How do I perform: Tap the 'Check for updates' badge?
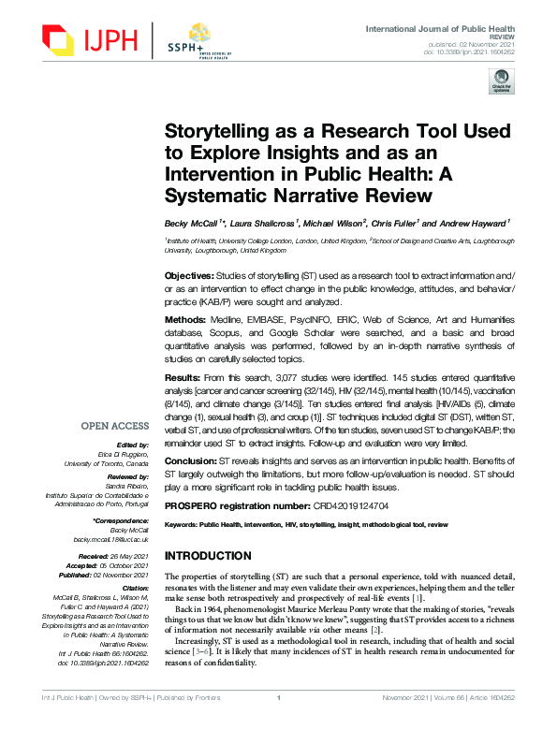[x=502, y=82]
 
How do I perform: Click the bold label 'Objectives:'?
[x=190, y=277]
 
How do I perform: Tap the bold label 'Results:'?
[x=184, y=376]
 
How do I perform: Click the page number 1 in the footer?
[x=279, y=723]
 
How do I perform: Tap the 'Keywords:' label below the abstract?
[x=181, y=527]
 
